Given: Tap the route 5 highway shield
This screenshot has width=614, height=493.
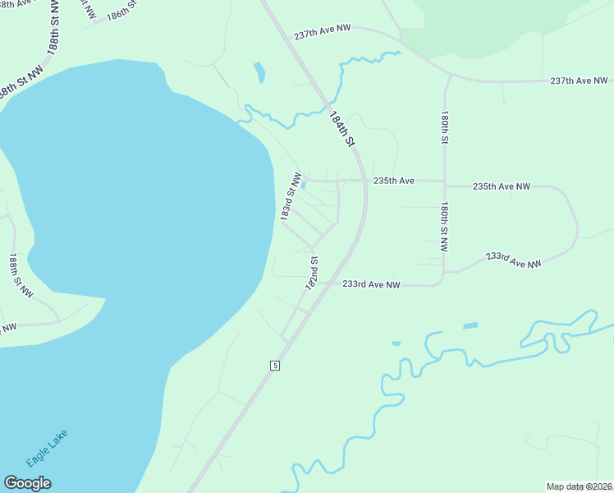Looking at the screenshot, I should (x=275, y=365).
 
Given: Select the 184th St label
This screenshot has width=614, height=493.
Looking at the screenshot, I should (x=341, y=130).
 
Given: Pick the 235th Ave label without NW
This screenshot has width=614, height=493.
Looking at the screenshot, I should (x=394, y=181).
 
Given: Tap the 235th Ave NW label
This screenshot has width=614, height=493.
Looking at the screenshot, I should (x=502, y=187).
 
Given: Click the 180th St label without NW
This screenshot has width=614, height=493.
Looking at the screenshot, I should (x=444, y=128).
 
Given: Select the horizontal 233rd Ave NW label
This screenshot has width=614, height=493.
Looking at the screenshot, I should (x=371, y=284).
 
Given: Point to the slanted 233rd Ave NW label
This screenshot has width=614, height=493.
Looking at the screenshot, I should (x=513, y=260).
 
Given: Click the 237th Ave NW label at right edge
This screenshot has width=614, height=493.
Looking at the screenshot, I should (x=579, y=81).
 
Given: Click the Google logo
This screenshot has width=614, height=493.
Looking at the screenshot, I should (x=28, y=483).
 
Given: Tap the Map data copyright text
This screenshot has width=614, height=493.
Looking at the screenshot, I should (x=580, y=486).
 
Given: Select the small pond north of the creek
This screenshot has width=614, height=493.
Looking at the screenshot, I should (x=260, y=72).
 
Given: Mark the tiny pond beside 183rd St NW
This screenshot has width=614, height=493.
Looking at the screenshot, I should (x=304, y=186).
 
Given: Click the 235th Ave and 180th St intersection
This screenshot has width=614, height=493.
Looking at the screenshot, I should (x=444, y=181).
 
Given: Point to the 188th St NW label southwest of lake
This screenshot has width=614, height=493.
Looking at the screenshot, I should (x=21, y=275).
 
